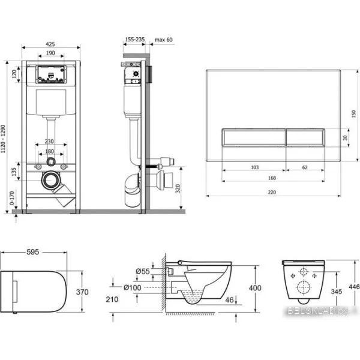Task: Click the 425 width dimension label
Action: tap(50, 44)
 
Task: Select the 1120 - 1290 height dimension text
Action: tap(3, 139)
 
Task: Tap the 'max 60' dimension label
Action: tap(163, 40)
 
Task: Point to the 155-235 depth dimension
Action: tap(135, 40)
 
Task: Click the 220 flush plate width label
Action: tap(272, 192)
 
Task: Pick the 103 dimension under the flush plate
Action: tap(254, 167)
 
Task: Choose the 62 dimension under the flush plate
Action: tap(305, 167)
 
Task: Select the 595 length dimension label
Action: tap(33, 252)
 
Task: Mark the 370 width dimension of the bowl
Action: tap(82, 292)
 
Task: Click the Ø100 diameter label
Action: tap(132, 287)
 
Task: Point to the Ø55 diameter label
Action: tap(143, 271)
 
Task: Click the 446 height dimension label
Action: tap(354, 287)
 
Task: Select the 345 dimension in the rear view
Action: tap(337, 292)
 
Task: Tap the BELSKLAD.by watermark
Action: tap(318, 311)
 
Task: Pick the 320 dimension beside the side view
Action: tap(178, 188)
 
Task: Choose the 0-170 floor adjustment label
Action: tap(12, 198)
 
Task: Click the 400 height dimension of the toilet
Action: tap(255, 287)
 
